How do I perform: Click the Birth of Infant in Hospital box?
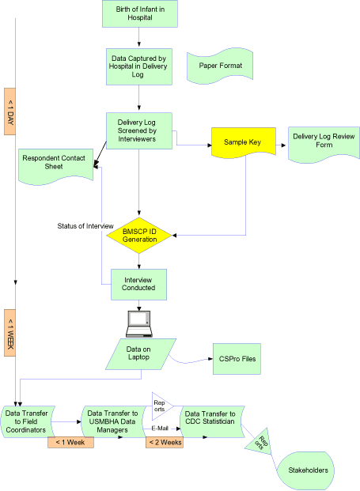[x=140, y=13]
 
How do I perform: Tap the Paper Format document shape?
[x=219, y=67]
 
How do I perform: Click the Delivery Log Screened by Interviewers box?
[x=140, y=130]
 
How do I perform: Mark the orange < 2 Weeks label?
[x=165, y=442]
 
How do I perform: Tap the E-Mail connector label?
[x=164, y=427]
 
